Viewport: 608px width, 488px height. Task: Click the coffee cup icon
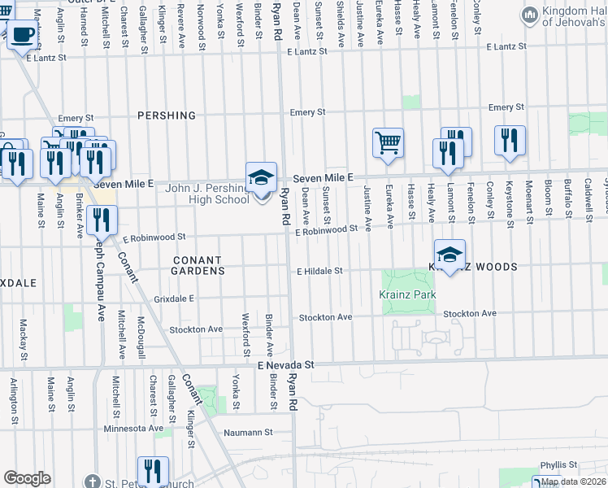(x=23, y=35)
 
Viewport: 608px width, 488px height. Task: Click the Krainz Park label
(x=408, y=295)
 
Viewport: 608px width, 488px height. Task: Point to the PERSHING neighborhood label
(x=167, y=115)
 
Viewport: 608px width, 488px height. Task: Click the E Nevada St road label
(x=285, y=367)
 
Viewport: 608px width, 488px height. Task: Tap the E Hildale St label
(x=321, y=271)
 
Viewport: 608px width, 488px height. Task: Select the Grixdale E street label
(x=174, y=299)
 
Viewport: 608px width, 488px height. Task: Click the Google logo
(x=27, y=477)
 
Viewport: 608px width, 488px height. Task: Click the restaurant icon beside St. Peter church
(x=153, y=471)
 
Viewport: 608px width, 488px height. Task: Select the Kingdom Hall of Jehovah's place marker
(x=530, y=15)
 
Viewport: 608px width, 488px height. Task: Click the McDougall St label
(x=141, y=338)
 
